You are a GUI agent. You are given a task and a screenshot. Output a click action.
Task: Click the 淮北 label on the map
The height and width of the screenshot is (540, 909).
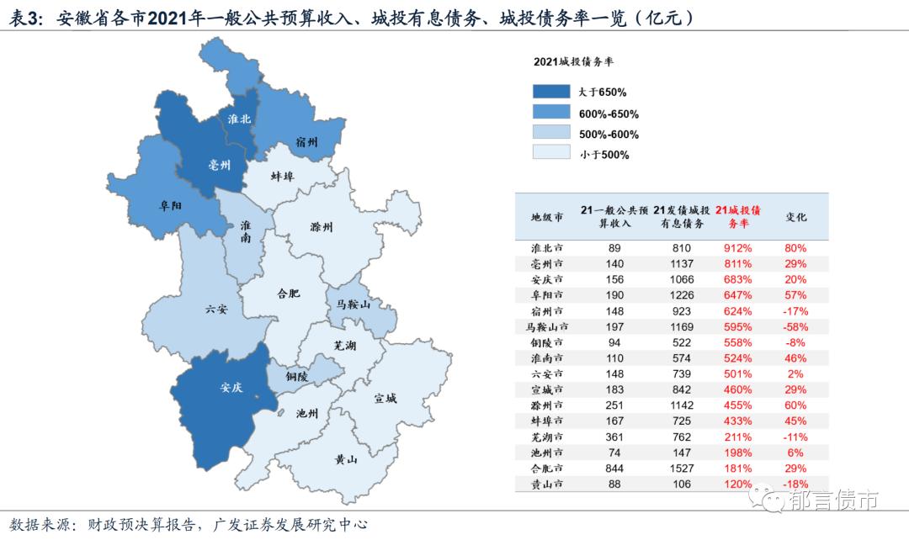point(239,119)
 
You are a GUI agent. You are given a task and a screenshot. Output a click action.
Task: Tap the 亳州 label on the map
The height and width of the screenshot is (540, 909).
point(219,165)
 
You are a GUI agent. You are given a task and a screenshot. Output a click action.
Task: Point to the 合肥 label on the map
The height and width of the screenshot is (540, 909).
point(288,294)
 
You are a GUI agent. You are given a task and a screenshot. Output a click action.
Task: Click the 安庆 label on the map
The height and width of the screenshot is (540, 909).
point(231,388)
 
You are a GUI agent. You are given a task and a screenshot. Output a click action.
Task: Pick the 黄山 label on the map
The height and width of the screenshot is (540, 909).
point(346,459)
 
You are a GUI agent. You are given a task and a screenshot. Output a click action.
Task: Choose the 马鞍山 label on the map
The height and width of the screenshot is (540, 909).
point(353,304)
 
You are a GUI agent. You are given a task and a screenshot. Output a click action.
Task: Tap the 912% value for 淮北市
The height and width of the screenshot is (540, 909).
point(737,248)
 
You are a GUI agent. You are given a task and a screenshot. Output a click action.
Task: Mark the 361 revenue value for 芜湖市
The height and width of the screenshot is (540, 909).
point(614,437)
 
